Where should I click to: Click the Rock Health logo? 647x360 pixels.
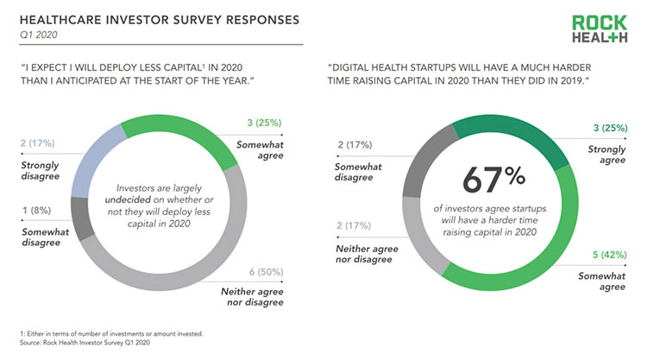coord(600,28)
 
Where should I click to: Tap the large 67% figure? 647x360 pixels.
coord(494,180)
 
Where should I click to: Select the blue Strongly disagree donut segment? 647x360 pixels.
coord(94,163)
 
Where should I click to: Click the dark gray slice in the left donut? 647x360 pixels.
coord(82,218)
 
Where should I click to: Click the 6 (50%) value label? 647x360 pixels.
coord(267,272)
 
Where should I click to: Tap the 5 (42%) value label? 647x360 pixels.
coord(609,255)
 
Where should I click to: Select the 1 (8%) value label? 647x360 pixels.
coord(37,211)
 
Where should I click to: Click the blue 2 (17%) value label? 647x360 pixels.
coord(38,143)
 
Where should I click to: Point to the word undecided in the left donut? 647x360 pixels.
coord(128,199)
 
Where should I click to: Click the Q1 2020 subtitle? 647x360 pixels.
coord(38,35)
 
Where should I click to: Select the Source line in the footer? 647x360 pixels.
coord(85,343)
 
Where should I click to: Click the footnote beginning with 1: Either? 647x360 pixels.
coord(111,333)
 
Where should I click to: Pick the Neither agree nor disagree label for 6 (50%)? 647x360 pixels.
coord(252,297)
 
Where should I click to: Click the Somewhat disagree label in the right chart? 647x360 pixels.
coord(358,172)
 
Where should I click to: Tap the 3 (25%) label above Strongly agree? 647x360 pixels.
coord(610,128)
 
